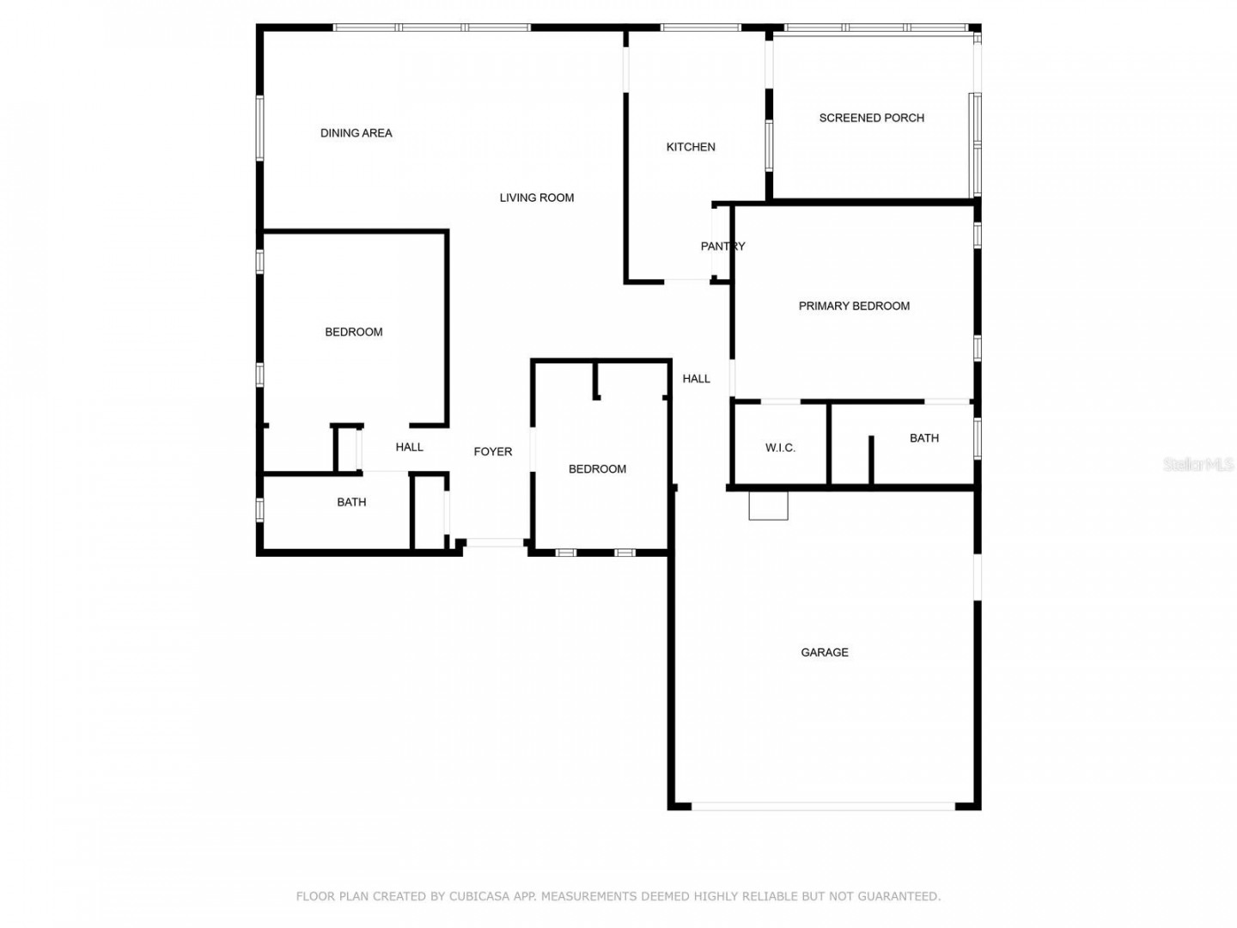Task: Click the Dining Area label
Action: pos(356,133)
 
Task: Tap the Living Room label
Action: pos(537,198)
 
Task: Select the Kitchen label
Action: pos(691,147)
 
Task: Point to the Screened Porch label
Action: pos(871,119)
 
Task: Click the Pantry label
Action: pos(722,247)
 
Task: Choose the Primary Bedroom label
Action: pos(854,306)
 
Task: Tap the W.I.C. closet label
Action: pos(780,448)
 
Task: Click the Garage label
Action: pos(824,652)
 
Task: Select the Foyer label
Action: pos(492,452)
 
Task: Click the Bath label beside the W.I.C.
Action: pos(923,438)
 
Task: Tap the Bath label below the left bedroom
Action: pos(351,502)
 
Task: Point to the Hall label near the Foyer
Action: pos(409,448)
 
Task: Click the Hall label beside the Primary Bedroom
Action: pos(696,379)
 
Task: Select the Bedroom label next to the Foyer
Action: pos(597,469)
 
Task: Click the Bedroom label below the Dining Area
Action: pos(353,332)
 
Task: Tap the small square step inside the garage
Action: pos(768,505)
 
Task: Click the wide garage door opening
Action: pos(822,806)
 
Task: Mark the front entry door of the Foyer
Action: pos(494,542)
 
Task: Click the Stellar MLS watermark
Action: pos(1197,464)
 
